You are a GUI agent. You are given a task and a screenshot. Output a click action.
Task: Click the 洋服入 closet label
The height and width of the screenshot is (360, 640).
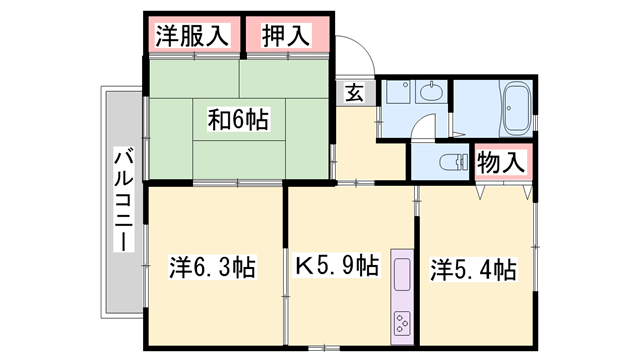point(193,37)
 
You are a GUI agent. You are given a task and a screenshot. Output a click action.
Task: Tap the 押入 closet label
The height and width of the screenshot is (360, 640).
point(285,37)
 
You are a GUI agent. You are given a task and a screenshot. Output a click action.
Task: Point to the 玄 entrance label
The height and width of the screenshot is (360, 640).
point(355,93)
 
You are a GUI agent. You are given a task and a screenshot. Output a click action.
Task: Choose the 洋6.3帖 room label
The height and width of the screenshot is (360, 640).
point(211,268)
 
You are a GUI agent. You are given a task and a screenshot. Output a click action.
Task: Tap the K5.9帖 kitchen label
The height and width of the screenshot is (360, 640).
point(336,268)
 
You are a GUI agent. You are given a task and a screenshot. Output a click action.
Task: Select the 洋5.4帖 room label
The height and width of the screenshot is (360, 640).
point(473,269)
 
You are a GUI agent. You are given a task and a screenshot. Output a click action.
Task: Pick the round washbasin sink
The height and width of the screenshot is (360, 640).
point(432,94)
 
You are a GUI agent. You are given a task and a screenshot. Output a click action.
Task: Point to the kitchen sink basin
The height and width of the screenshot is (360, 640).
point(401,274)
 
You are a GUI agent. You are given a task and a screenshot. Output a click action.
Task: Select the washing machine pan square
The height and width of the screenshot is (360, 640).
point(397,94)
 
